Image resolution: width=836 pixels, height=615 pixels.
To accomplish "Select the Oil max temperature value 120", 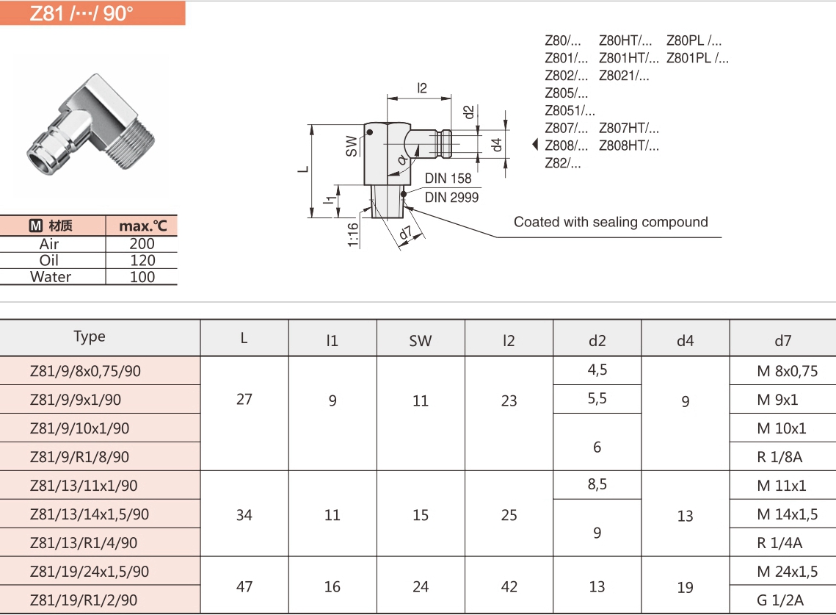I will coord(142,260).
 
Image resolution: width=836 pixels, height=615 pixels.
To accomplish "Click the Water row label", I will coord(51,277).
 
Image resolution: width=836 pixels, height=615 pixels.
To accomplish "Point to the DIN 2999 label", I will coord(451,198).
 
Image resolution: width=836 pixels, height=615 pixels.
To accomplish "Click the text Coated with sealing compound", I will coord(611,222).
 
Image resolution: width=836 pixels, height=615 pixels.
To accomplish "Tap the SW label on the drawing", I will coord(352,145).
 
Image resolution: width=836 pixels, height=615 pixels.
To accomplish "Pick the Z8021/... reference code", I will coord(624,76).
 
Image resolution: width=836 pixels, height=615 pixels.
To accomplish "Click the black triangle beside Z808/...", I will coord(536,145).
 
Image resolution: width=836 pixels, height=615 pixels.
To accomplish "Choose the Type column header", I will coord(90,337).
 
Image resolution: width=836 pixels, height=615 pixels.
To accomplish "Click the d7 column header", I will coord(783,340).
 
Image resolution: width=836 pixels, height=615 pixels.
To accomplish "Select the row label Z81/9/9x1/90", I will coord(76,400).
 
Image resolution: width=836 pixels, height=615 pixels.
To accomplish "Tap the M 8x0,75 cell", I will coord(787,371).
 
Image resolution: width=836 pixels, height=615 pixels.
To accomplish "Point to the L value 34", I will coord(244,514).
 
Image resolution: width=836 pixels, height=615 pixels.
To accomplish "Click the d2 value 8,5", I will coord(597,485).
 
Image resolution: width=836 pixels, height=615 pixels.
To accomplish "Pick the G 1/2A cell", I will coord(779,600).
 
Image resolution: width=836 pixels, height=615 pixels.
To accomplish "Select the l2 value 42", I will coord(509,586).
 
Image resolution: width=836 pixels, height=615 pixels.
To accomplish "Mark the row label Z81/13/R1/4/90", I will coord(84,543).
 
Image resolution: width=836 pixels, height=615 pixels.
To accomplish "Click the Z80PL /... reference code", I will coord(694,41).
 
